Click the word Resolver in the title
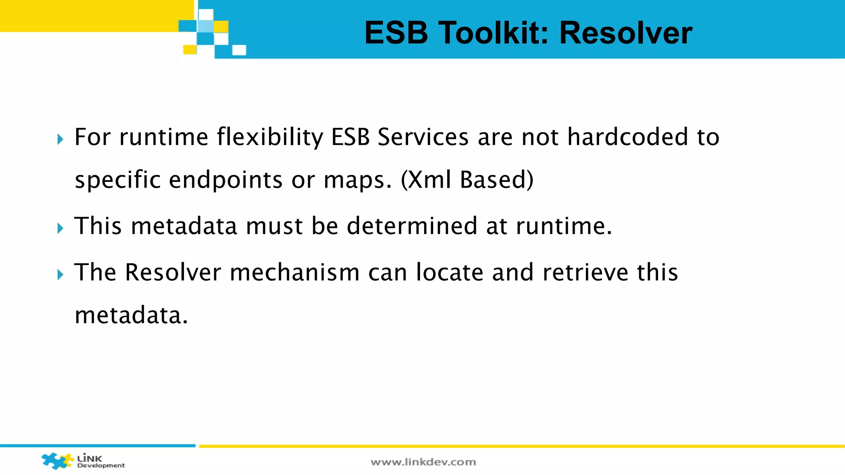click(625, 33)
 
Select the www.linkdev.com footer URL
click(423, 462)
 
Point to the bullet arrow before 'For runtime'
click(61, 139)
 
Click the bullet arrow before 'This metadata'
click(61, 228)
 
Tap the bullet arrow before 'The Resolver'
click(61, 275)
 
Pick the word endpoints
click(226, 181)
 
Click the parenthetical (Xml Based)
click(467, 180)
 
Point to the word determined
click(412, 226)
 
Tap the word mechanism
click(295, 273)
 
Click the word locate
click(450, 273)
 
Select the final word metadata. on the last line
click(131, 315)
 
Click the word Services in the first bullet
click(423, 137)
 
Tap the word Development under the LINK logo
click(101, 466)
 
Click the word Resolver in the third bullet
click(173, 273)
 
